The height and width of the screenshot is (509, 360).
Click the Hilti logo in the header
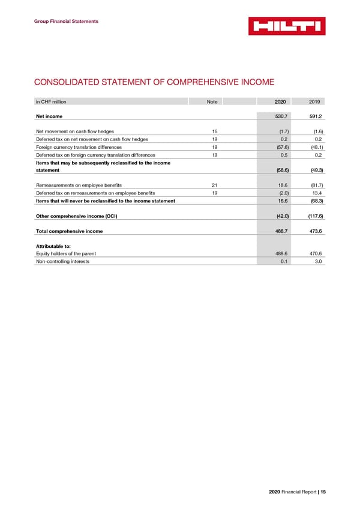(x=287, y=26)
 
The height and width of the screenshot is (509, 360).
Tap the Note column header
(x=212, y=102)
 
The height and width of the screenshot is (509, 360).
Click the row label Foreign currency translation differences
(x=79, y=146)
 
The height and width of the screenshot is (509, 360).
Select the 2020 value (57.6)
(x=280, y=146)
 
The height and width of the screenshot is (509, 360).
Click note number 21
(x=214, y=185)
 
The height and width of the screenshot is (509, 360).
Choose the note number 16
(x=214, y=131)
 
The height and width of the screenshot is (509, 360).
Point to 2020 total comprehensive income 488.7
(x=280, y=232)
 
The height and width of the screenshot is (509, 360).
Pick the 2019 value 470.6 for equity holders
(x=314, y=254)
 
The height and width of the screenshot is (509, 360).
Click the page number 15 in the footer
(x=323, y=492)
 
